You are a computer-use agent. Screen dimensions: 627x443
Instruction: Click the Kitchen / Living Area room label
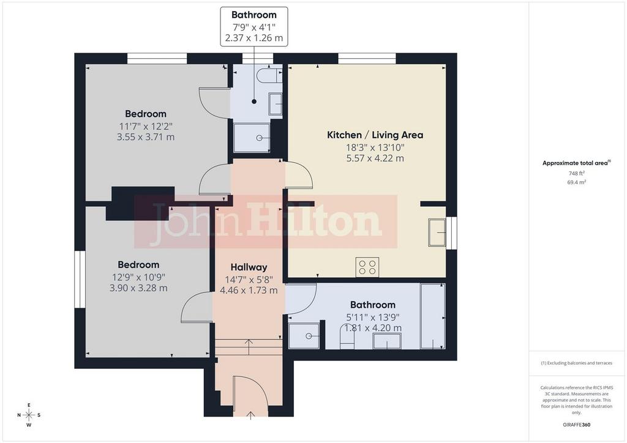pyautogui.click(x=375, y=135)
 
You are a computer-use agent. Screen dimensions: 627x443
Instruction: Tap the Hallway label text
pyautogui.click(x=249, y=267)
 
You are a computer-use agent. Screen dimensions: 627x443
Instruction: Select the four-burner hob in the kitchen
pyautogui.click(x=367, y=267)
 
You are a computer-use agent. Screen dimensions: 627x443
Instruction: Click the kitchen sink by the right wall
pyautogui.click(x=437, y=232)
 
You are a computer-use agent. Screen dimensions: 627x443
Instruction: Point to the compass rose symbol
pyautogui.click(x=29, y=415)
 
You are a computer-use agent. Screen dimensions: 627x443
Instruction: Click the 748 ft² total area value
pyautogui.click(x=577, y=173)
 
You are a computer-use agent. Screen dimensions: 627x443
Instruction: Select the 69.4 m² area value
pyautogui.click(x=577, y=182)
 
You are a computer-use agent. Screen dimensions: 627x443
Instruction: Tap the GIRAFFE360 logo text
pyautogui.click(x=577, y=425)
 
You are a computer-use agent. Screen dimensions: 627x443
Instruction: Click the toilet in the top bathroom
pyautogui.click(x=269, y=75)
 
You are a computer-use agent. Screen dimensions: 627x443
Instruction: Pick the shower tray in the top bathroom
pyautogui.click(x=252, y=138)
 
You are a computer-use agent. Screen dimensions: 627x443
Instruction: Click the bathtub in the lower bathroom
pyautogui.click(x=433, y=316)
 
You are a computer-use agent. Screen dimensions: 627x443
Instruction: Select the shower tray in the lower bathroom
pyautogui.click(x=304, y=336)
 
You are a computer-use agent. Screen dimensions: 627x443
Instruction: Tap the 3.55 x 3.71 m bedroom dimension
pyautogui.click(x=146, y=137)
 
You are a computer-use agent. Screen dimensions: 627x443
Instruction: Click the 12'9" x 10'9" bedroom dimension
pyautogui.click(x=139, y=277)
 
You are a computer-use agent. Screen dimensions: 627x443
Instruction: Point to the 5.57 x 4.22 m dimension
pyautogui.click(x=375, y=158)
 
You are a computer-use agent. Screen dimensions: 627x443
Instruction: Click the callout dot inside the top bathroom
pyautogui.click(x=254, y=102)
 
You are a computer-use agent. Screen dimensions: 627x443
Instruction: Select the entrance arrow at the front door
pyautogui.click(x=250, y=415)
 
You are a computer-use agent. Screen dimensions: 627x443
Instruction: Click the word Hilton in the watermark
pyautogui.click(x=314, y=221)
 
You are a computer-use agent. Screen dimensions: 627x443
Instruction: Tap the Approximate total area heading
pyautogui.click(x=575, y=163)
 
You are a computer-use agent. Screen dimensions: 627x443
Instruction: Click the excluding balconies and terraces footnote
pyautogui.click(x=577, y=363)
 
